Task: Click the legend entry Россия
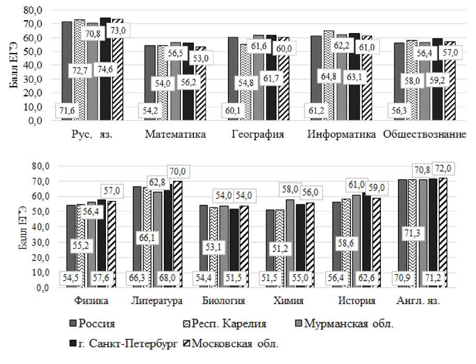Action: coord(95,324)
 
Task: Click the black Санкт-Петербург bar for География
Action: coord(271,77)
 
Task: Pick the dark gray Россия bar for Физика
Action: coord(71,243)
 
